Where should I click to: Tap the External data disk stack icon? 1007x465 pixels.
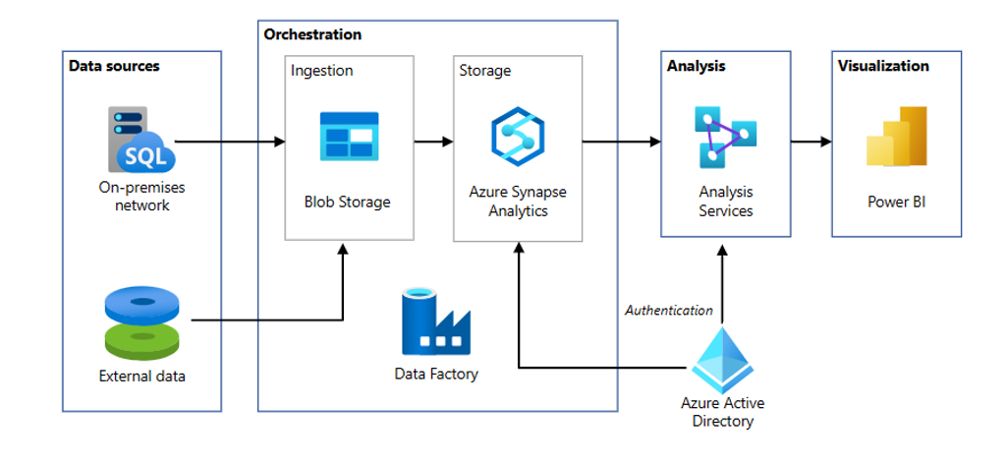point(142,321)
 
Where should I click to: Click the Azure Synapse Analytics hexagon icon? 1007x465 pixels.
point(518,138)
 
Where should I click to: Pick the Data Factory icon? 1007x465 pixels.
point(436,321)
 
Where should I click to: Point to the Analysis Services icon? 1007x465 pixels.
point(725,137)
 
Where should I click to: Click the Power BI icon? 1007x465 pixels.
point(896,138)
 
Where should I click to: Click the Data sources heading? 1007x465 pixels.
point(113,66)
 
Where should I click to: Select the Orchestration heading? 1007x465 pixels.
point(312,34)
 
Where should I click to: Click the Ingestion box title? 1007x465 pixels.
point(321,71)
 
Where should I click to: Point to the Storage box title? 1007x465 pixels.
point(485,71)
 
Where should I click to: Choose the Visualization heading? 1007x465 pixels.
point(883,66)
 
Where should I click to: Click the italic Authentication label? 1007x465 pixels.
point(669,311)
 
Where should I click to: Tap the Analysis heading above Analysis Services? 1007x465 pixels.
point(696,66)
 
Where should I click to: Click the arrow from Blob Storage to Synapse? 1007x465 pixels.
point(433,143)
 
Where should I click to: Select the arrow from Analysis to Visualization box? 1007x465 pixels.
point(811,143)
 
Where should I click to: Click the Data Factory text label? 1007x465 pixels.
point(436,374)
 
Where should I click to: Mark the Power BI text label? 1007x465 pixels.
point(896,203)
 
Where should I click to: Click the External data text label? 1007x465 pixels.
point(142,376)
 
